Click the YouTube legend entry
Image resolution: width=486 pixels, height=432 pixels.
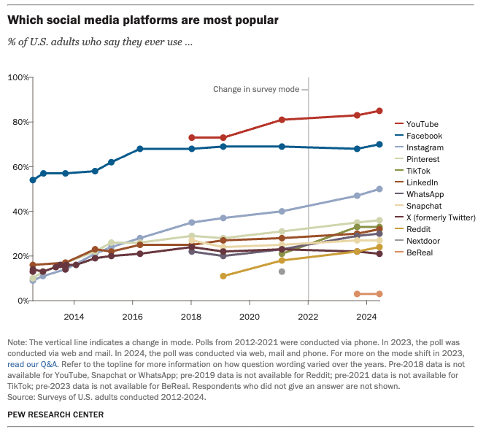[x=424, y=124]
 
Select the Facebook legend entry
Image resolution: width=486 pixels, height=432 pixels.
[x=425, y=136]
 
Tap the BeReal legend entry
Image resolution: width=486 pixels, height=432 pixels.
[x=422, y=252]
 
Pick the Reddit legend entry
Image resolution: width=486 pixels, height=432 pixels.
[x=421, y=229]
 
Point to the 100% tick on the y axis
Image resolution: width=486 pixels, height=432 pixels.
[x=18, y=77]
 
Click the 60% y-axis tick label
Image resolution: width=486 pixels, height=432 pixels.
[x=20, y=167]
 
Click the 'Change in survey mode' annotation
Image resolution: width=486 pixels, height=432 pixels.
[x=256, y=89]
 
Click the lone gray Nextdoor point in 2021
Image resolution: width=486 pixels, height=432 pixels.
[x=282, y=271]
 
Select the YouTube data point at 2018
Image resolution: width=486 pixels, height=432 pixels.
[x=191, y=137]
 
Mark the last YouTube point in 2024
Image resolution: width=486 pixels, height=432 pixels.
[x=379, y=111]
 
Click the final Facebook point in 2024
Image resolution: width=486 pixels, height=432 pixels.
[x=379, y=144]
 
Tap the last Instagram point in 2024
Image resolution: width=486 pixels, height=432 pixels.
[x=379, y=189]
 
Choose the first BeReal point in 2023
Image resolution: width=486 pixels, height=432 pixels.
[x=357, y=294]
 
